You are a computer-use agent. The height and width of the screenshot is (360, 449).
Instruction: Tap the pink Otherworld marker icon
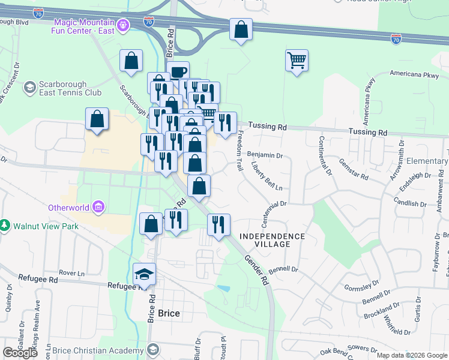coord(99,208)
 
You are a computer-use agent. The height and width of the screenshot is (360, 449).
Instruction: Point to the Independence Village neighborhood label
coord(272,240)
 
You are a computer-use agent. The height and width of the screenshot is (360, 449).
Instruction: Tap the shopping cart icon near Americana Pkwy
coord(297,61)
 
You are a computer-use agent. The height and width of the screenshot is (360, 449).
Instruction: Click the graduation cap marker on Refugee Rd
coord(144,274)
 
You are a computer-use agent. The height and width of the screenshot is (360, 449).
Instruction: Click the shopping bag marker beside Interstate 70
coord(241,29)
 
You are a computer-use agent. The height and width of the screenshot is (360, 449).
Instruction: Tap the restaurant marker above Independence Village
coord(218,224)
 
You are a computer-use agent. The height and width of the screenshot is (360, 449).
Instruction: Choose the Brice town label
coord(169,313)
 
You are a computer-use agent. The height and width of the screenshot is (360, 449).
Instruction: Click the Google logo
coord(20,353)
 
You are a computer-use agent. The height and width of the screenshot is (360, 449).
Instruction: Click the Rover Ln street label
coord(72,273)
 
